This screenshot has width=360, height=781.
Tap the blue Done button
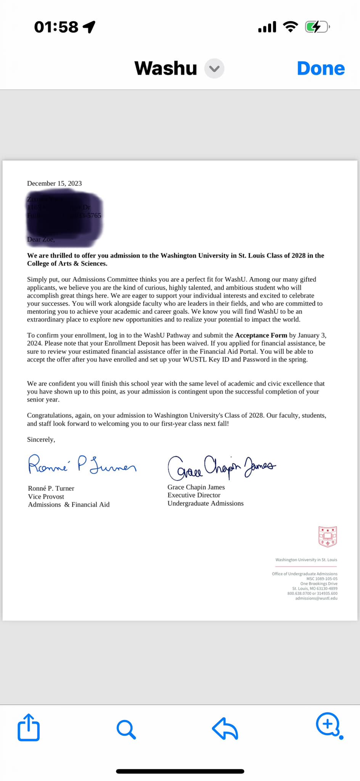pos(321,69)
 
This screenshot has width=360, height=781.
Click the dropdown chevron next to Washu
pos(214,69)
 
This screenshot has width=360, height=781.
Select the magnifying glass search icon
pos(126,729)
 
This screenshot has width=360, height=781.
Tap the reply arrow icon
pos(225,728)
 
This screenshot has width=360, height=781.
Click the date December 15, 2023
pos(55,183)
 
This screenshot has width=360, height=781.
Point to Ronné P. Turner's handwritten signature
pos(82,465)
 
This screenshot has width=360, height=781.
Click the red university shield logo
pos(328,536)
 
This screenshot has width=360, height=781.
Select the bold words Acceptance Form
pos(261,335)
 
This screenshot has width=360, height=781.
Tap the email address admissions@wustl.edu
pos(316,598)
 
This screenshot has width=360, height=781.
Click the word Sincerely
pos(41,439)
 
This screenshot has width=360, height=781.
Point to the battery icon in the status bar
pos(317,27)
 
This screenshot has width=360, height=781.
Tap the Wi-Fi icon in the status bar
pos(290,27)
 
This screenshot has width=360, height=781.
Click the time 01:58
pos(56,27)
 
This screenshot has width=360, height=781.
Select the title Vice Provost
pos(46,497)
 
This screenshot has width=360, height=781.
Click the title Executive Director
pos(194,495)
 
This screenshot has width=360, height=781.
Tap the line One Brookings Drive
pos(318,583)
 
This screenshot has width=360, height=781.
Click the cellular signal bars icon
pos(267,27)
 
